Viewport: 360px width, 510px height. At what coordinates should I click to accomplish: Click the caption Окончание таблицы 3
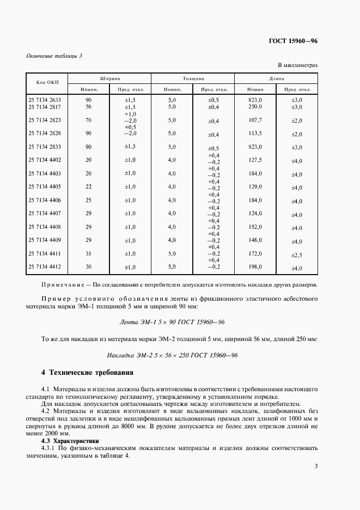pyautogui.click(x=53, y=56)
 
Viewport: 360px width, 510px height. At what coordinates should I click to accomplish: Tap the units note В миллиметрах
pyautogui.click(x=298, y=65)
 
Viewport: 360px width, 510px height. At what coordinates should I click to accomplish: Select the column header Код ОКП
pyautogui.click(x=47, y=83)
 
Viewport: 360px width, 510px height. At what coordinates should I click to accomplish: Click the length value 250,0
pyautogui.click(x=255, y=107)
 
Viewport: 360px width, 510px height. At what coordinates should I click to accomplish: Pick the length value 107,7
pyautogui.click(x=255, y=120)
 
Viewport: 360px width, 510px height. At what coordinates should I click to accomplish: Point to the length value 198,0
pyautogui.click(x=255, y=266)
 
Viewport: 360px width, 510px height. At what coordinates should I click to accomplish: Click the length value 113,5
pyautogui.click(x=255, y=133)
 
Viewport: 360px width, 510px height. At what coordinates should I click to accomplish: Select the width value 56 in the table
pyautogui.click(x=89, y=107)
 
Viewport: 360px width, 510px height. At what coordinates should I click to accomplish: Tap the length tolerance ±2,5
pyautogui.click(x=296, y=254)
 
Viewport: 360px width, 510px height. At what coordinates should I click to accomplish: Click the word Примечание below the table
pyautogui.click(x=62, y=284)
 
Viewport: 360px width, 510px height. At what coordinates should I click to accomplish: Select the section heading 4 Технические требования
pyautogui.click(x=88, y=373)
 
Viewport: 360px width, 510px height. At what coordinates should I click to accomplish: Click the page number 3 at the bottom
pyautogui.click(x=316, y=465)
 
